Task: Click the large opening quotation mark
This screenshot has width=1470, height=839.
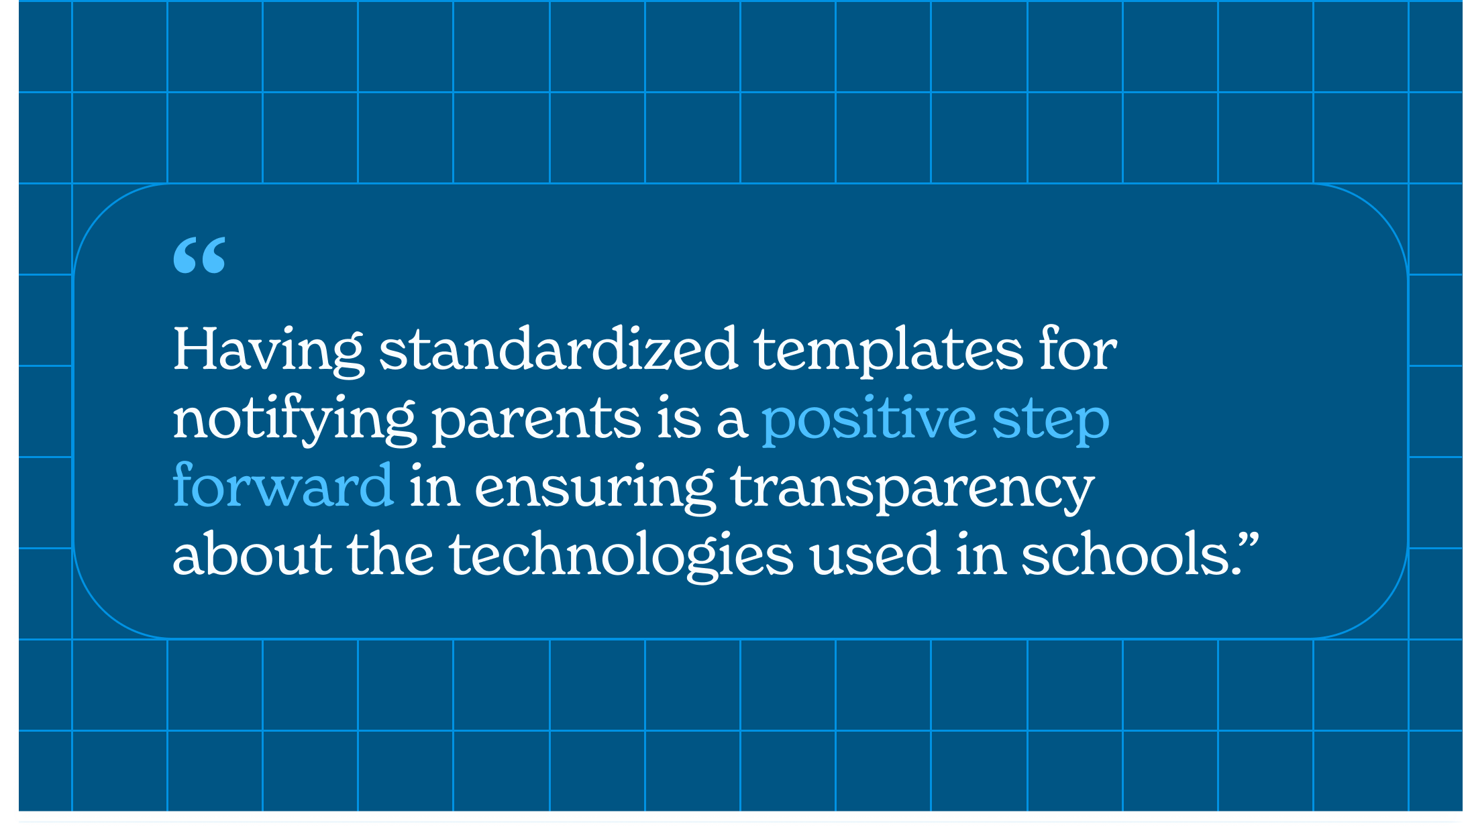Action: point(199,255)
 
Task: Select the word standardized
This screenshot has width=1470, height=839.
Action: point(558,349)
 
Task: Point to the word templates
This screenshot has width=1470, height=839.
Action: point(888,350)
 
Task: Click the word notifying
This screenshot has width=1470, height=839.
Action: point(294,418)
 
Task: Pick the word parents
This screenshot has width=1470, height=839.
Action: point(535,421)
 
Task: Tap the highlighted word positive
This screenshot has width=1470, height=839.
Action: point(869,419)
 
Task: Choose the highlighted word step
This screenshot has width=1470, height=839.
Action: point(1051,421)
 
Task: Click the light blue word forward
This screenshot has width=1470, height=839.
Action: point(282,484)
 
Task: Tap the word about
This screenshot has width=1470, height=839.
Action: point(252,554)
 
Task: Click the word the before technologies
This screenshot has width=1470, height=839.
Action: point(390,554)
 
